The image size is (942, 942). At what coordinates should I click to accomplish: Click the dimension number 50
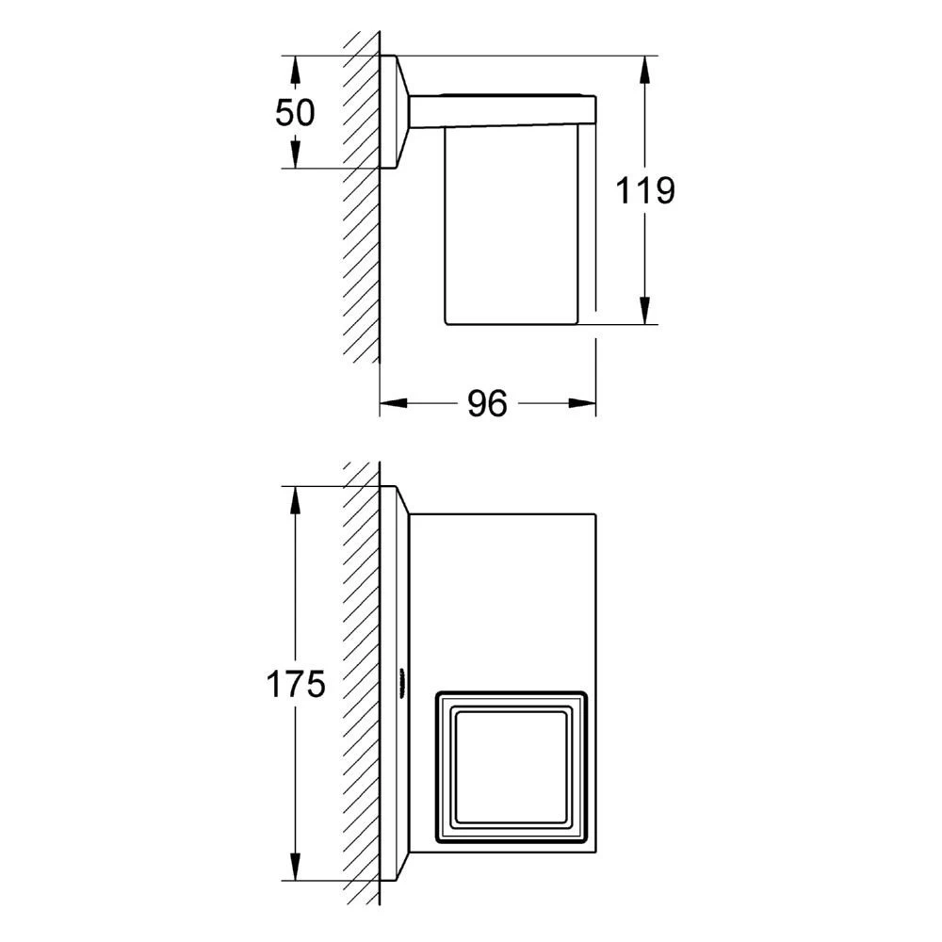point(294,112)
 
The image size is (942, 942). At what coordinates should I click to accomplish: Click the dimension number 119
point(644,190)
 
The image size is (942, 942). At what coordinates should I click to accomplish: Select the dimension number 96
point(487,403)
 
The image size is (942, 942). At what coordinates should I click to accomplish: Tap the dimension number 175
point(296,684)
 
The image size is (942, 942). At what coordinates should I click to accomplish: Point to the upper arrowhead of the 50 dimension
point(294,70)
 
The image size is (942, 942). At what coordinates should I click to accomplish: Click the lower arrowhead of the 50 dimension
point(294,154)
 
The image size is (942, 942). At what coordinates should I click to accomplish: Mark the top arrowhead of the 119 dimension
point(644,70)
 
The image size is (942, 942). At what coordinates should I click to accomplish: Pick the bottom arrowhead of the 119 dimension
point(644,311)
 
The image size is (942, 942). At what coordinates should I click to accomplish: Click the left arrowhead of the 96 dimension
point(394,403)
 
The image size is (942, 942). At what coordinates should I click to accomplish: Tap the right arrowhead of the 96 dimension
point(582,403)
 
